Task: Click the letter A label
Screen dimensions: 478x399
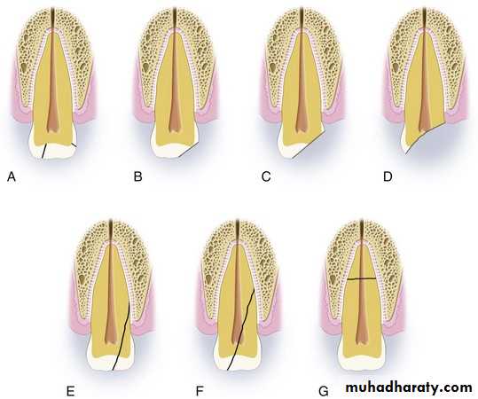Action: pyautogui.click(x=12, y=176)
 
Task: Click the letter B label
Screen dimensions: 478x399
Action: pyautogui.click(x=137, y=176)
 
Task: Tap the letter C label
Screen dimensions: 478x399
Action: pyautogui.click(x=266, y=176)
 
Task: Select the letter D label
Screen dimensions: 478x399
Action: pyautogui.click(x=388, y=176)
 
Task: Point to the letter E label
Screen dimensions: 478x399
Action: pyautogui.click(x=70, y=391)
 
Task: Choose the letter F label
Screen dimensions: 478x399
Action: pyautogui.click(x=199, y=391)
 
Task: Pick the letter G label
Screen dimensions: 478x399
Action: pyautogui.click(x=323, y=391)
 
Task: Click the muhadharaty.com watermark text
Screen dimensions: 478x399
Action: pyautogui.click(x=409, y=387)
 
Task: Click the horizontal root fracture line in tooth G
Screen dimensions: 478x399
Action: pyautogui.click(x=362, y=278)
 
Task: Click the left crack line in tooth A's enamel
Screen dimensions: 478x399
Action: pyautogui.click(x=44, y=152)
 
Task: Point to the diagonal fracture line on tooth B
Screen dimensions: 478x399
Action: pyautogui.click(x=189, y=149)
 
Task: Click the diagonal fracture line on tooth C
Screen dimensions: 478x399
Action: pyautogui.click(x=309, y=144)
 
